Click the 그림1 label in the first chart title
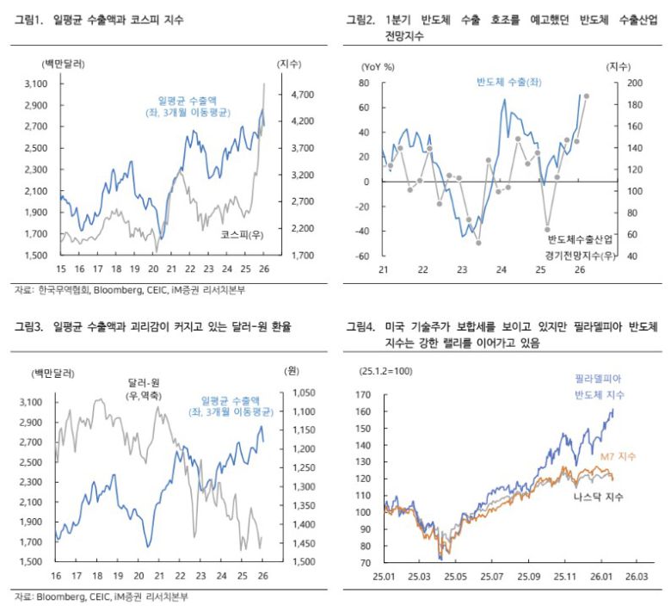[29, 19]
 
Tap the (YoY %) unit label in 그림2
[379, 65]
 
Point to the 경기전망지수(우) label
[580, 256]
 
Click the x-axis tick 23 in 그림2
[462, 270]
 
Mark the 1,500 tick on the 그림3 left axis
[34, 562]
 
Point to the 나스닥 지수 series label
[599, 497]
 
